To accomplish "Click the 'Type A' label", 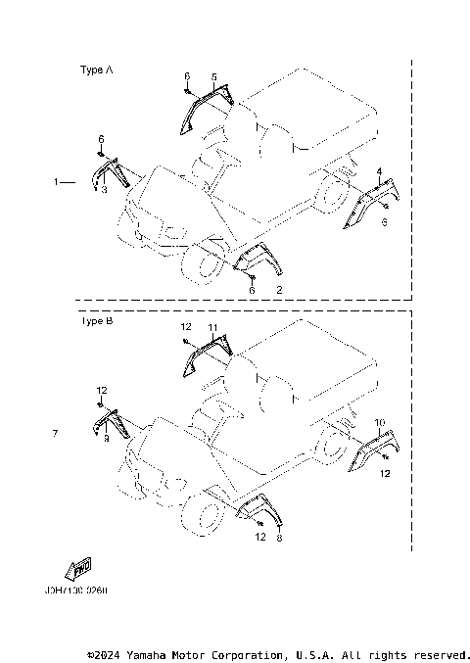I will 95,71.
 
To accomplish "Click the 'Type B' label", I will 95,320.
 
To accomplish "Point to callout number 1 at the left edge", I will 58,182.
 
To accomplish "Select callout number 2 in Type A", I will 279,291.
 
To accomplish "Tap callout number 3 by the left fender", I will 105,189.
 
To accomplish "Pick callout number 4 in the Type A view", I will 379,171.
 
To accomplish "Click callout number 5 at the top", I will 214,75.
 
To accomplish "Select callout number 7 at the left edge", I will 56,432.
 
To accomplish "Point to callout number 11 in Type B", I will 212,325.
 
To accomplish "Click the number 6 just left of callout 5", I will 186,75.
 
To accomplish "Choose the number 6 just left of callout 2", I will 252,291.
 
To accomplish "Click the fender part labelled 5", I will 201,103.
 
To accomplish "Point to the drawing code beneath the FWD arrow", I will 76,592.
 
